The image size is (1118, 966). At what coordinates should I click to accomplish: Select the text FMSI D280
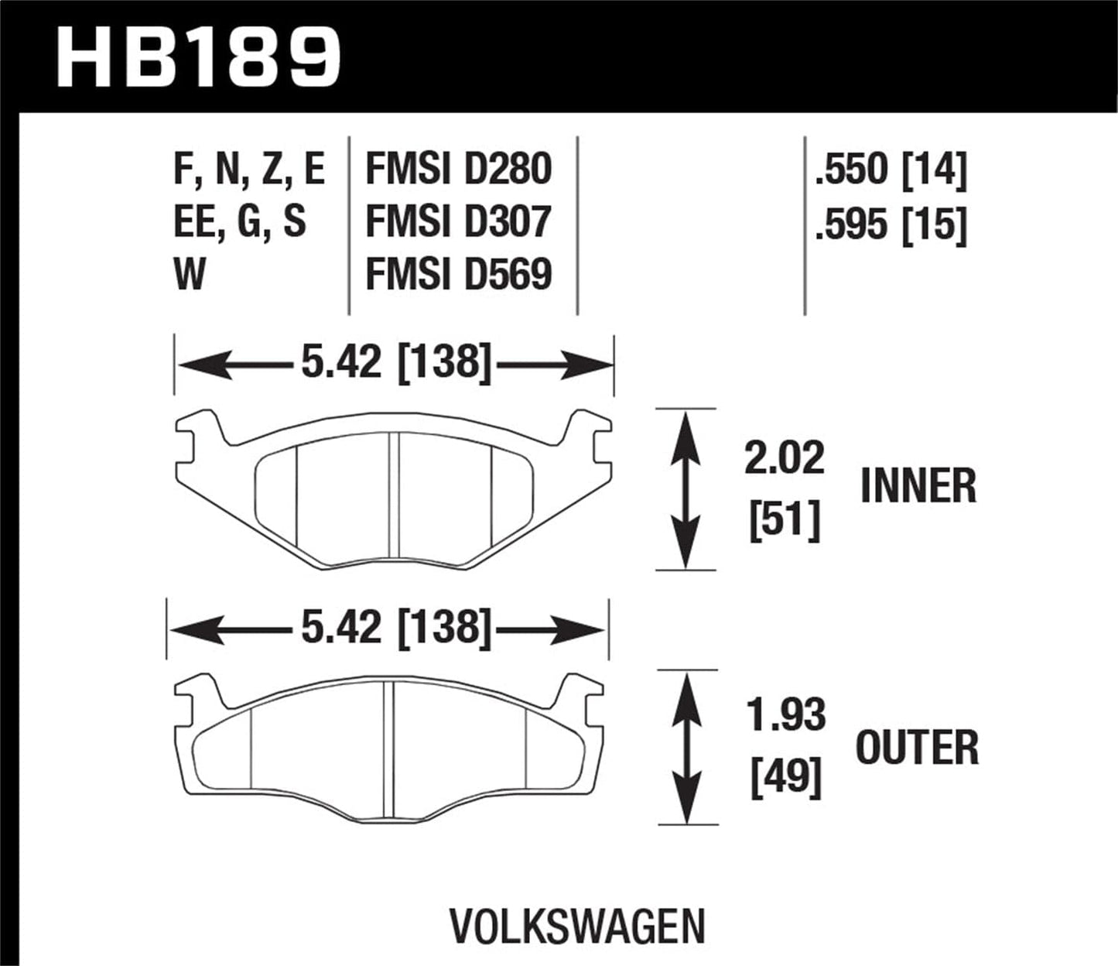pyautogui.click(x=458, y=170)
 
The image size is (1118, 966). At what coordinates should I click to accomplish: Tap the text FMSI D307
pyautogui.click(x=458, y=222)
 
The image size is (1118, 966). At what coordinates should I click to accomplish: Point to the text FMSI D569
pyautogui.click(x=458, y=274)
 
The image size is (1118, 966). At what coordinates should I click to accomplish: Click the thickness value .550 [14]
pyautogui.click(x=891, y=170)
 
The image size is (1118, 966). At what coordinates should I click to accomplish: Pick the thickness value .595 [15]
pyautogui.click(x=891, y=225)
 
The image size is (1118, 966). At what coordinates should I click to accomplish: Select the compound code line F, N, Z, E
pyautogui.click(x=249, y=170)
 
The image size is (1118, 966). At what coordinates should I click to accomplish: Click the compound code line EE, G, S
pyautogui.click(x=240, y=222)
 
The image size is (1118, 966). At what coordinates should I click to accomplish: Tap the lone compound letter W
pyautogui.click(x=190, y=274)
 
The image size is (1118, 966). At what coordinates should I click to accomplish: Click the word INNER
pyautogui.click(x=918, y=486)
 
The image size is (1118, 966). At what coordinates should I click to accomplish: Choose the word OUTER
pyautogui.click(x=917, y=748)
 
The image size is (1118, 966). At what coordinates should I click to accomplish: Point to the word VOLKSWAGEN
pyautogui.click(x=577, y=927)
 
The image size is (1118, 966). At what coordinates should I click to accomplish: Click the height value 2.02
pyautogui.click(x=785, y=458)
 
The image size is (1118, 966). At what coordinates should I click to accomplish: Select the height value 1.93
pyautogui.click(x=785, y=716)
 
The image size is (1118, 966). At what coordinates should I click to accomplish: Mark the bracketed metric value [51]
pyautogui.click(x=785, y=521)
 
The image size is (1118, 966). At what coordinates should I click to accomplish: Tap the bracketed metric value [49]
pyautogui.click(x=785, y=777)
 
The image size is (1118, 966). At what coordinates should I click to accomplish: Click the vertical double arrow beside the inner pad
pyautogui.click(x=684, y=489)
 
